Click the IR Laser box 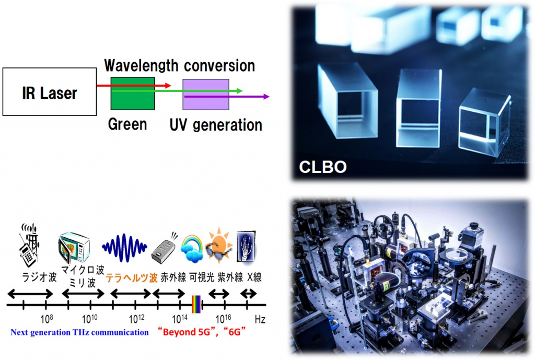(x=50, y=92)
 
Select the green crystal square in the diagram (x=133, y=93)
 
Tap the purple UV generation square (x=206, y=95)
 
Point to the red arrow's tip (x=170, y=85)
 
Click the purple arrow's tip (x=269, y=97)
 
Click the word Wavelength (x=141, y=65)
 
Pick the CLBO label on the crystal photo (x=323, y=167)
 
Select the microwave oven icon (x=74, y=248)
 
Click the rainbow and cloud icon (x=192, y=248)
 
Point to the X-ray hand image (x=246, y=247)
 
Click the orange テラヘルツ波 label (x=132, y=278)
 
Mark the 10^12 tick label (x=136, y=319)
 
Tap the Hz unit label (x=260, y=319)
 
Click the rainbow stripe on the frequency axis (x=196, y=304)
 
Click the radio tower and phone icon (x=29, y=245)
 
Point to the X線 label (x=254, y=277)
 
